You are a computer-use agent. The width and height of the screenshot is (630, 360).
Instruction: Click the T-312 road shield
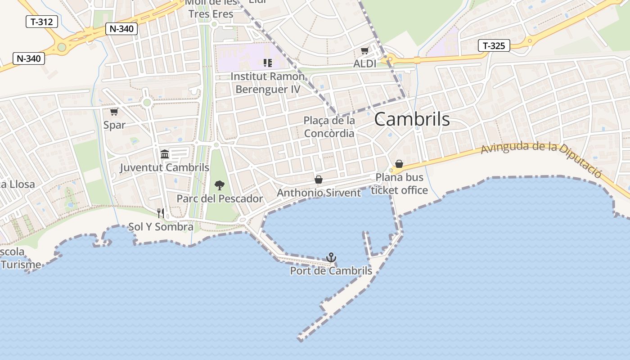pyautogui.click(x=42, y=22)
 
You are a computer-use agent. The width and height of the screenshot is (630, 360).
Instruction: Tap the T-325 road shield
pyautogui.click(x=494, y=45)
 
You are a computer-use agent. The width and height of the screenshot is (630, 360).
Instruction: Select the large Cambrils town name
pyautogui.click(x=412, y=119)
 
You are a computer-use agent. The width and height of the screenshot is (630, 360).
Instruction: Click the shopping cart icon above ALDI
pyautogui.click(x=364, y=51)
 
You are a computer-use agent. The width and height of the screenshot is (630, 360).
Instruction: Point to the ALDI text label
pyautogui.click(x=364, y=64)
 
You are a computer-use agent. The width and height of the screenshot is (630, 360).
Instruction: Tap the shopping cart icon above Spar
pyautogui.click(x=114, y=112)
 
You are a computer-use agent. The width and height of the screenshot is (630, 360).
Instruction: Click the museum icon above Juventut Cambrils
pyautogui.click(x=165, y=154)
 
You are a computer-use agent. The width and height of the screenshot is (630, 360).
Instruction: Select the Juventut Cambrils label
pyautogui.click(x=164, y=168)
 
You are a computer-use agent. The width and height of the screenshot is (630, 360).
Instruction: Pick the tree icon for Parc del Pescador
pyautogui.click(x=220, y=185)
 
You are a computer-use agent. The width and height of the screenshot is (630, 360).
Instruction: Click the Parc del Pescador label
pyautogui.click(x=220, y=198)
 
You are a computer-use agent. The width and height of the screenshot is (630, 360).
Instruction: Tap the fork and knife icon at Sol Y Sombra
pyautogui.click(x=161, y=213)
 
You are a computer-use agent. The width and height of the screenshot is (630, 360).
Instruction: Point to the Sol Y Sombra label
pyautogui.click(x=161, y=227)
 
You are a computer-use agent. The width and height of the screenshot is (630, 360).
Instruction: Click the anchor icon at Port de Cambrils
pyautogui.click(x=331, y=257)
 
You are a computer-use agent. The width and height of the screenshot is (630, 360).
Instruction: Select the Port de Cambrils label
pyautogui.click(x=331, y=271)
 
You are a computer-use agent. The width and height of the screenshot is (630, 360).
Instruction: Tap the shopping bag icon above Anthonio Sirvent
pyautogui.click(x=319, y=180)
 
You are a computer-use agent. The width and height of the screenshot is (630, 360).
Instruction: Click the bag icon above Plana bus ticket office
pyautogui.click(x=399, y=164)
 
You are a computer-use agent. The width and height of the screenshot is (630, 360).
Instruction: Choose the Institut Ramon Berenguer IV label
pyautogui.click(x=267, y=83)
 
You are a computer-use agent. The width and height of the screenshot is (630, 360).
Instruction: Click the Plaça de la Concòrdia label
pyautogui.click(x=329, y=127)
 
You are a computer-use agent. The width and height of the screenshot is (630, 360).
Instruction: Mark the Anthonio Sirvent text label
pyautogui.click(x=319, y=193)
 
